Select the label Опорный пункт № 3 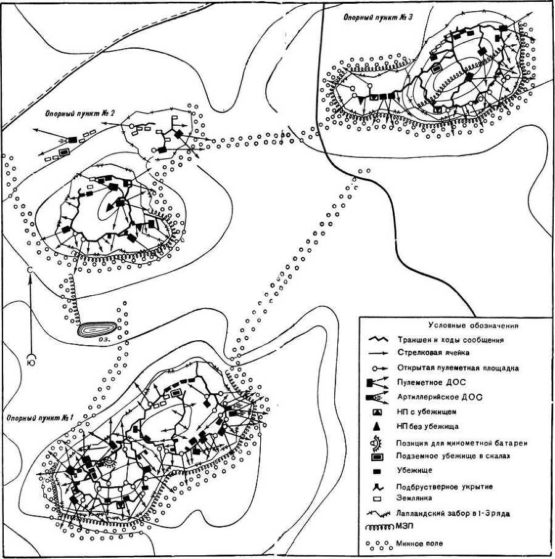pos(378,17)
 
